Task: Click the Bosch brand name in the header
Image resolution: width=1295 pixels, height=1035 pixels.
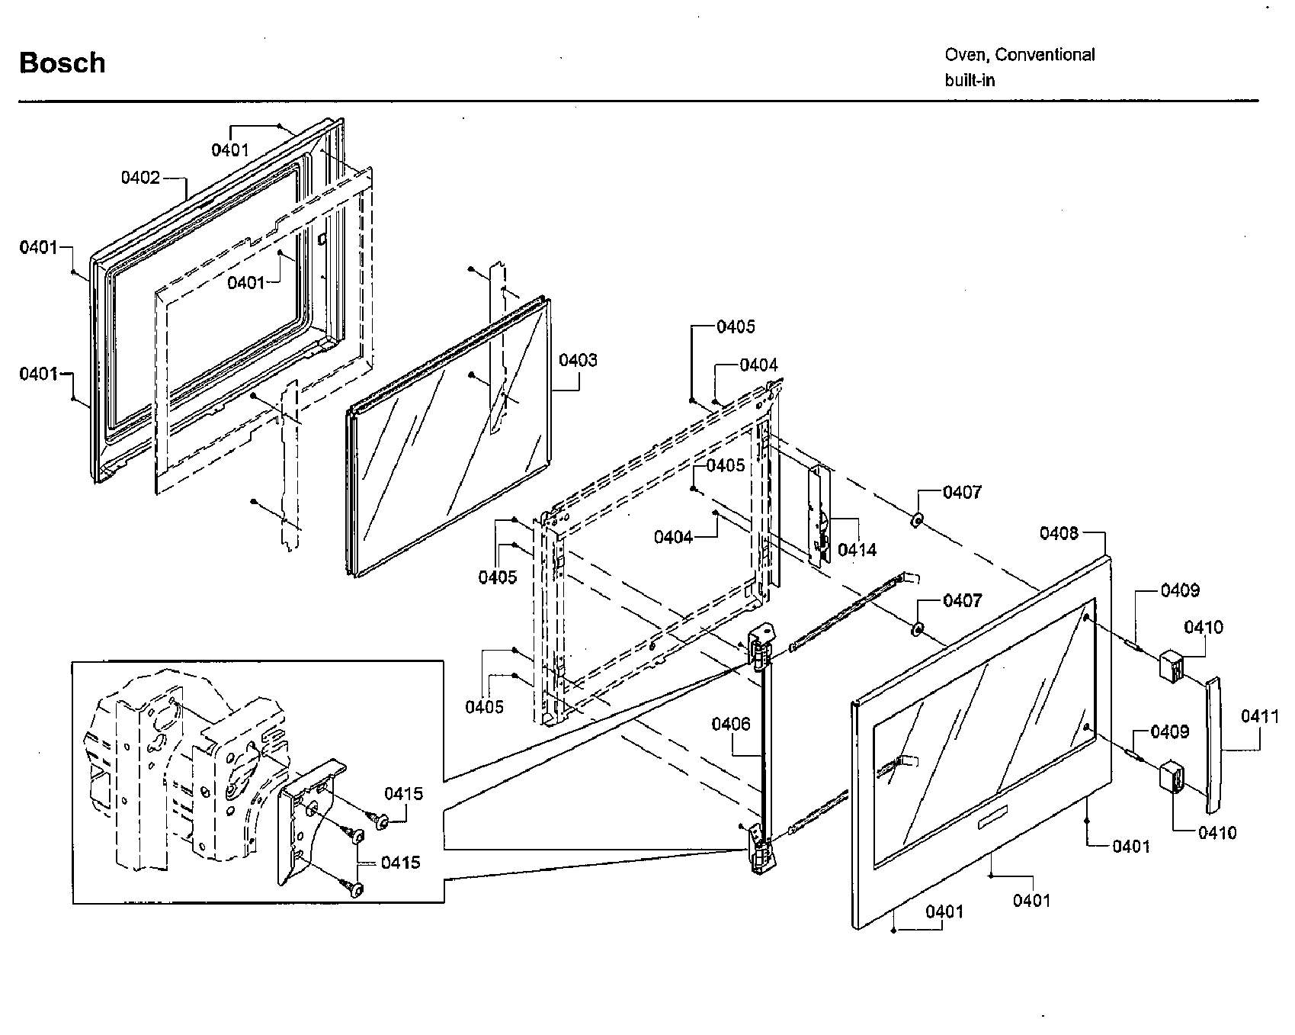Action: pyautogui.click(x=62, y=63)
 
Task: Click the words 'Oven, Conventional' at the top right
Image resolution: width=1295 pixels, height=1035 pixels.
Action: pyautogui.click(x=1019, y=55)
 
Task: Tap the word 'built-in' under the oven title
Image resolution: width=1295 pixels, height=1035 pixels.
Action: pyautogui.click(x=970, y=80)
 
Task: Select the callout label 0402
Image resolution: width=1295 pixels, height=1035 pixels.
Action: pyautogui.click(x=140, y=178)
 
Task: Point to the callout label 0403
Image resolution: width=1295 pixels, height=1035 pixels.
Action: pyautogui.click(x=578, y=360)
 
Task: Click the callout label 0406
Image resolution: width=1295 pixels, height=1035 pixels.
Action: pyautogui.click(x=731, y=724)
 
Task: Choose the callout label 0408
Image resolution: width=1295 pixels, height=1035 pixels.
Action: pyautogui.click(x=1059, y=532)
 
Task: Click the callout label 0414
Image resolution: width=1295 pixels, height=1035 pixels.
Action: pyautogui.click(x=857, y=549)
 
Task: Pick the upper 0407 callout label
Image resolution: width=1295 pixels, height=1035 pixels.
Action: pyautogui.click(x=962, y=492)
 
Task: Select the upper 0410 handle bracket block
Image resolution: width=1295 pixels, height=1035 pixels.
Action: pyautogui.click(x=1171, y=664)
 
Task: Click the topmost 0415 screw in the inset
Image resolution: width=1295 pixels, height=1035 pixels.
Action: pyautogui.click(x=380, y=821)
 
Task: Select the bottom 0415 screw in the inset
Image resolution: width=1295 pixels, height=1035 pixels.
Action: pyautogui.click(x=356, y=888)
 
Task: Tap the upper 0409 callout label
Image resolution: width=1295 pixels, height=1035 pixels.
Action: pyautogui.click(x=1180, y=590)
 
